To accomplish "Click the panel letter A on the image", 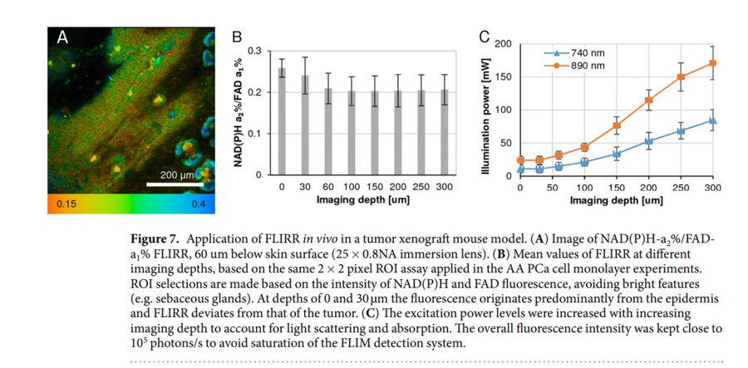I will coord(62,37).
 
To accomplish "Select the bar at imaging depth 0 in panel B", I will coord(282,122).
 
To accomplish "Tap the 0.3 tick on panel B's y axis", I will coord(253,52).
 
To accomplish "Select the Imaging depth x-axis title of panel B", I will coord(362,200).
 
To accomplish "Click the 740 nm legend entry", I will coord(582,53).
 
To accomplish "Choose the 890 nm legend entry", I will coord(582,65).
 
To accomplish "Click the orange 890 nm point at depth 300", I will coord(712,63).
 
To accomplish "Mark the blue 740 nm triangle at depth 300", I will coord(712,120).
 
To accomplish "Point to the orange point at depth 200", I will coord(648,101).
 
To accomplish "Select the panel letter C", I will coord(485,37).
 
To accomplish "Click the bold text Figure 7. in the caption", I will coord(158,238).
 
